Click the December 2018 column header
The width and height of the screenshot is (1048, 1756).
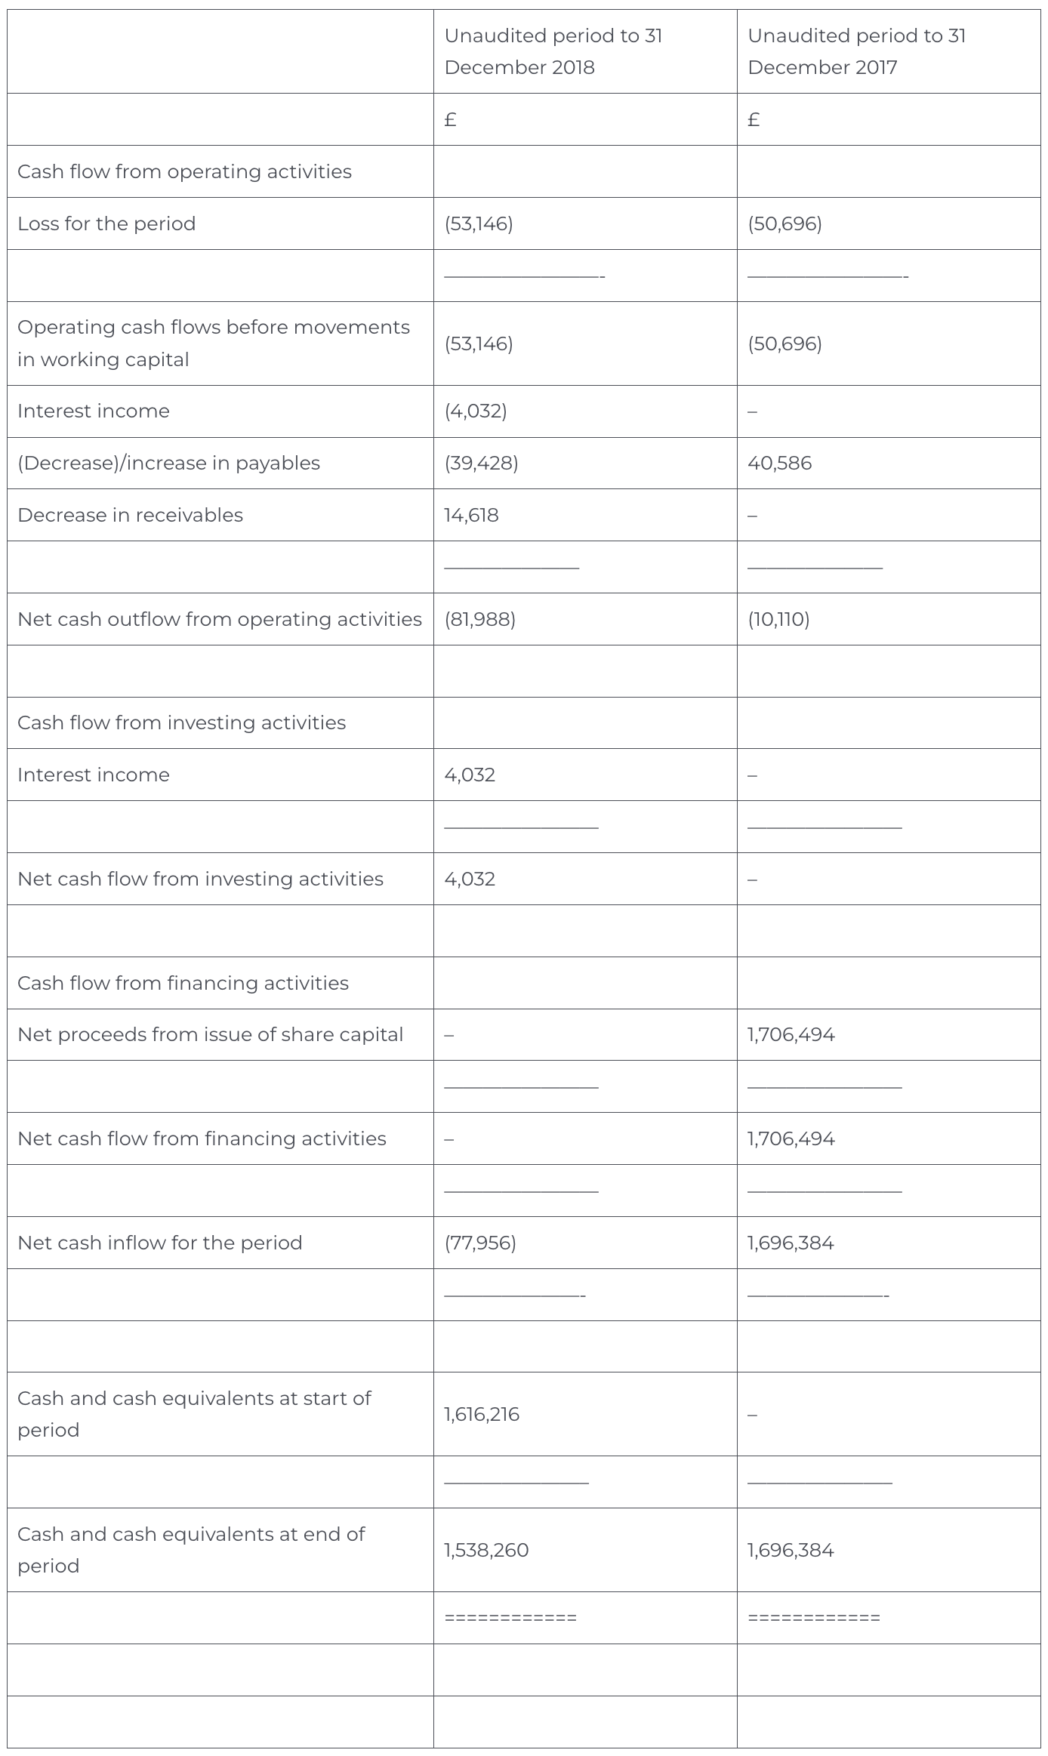tap(553, 51)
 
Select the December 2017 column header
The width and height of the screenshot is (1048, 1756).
tap(856, 51)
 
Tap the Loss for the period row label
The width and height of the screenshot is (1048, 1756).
tap(106, 223)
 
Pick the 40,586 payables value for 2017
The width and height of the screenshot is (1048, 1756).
tap(779, 463)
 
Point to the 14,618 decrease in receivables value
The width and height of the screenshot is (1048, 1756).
tap(471, 515)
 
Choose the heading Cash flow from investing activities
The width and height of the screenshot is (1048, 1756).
tap(181, 722)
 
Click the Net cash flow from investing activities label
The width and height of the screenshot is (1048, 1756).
tap(200, 879)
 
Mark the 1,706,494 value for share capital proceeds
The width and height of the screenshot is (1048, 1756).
tap(791, 1034)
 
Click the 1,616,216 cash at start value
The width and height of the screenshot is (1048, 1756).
tap(482, 1414)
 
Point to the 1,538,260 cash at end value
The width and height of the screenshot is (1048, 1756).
tap(486, 1550)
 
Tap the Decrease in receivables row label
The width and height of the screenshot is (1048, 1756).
tap(130, 515)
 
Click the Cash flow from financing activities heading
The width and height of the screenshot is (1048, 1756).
tap(183, 983)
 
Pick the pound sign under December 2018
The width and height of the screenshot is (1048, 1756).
tap(450, 119)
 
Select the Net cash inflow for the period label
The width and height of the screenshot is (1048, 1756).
tap(159, 1243)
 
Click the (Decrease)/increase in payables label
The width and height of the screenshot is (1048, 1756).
tap(168, 463)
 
